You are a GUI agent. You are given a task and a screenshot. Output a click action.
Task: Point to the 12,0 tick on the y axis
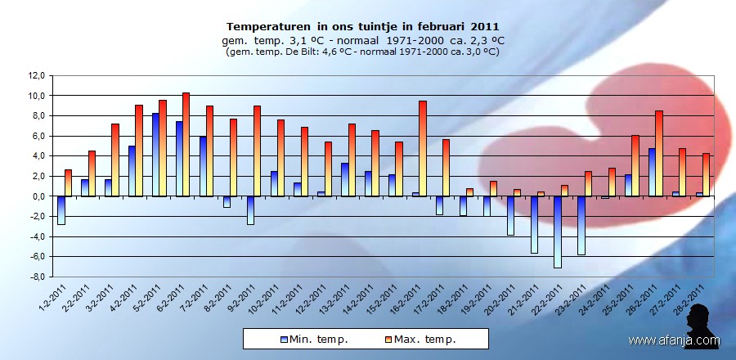point(35,75)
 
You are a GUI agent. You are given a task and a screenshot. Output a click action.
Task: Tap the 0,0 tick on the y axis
point(37,196)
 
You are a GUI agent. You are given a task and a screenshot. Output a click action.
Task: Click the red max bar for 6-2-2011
point(186,145)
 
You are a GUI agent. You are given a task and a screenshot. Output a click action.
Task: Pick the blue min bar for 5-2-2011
point(155,155)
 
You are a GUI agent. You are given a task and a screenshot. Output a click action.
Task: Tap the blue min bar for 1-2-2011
point(61,210)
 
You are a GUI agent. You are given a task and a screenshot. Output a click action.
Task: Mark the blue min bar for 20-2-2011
point(510,215)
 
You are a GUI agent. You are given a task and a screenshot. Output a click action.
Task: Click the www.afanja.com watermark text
point(674,340)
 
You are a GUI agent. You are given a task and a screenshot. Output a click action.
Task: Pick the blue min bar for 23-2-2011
point(581,225)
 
